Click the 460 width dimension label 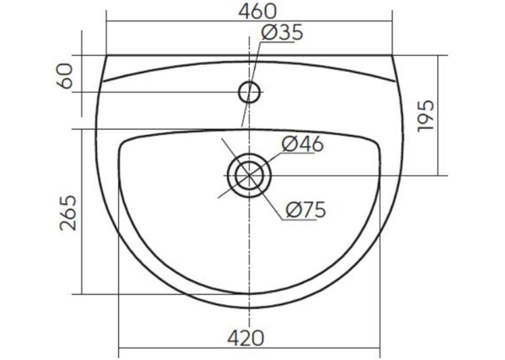[x=257, y=11]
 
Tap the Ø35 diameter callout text [x=282, y=32]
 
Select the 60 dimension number [x=65, y=76]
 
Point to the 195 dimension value [x=425, y=116]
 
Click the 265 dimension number [x=69, y=213]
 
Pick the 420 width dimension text [x=246, y=338]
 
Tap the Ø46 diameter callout [x=302, y=144]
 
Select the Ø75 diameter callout [x=306, y=210]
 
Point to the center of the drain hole [x=250, y=176]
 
